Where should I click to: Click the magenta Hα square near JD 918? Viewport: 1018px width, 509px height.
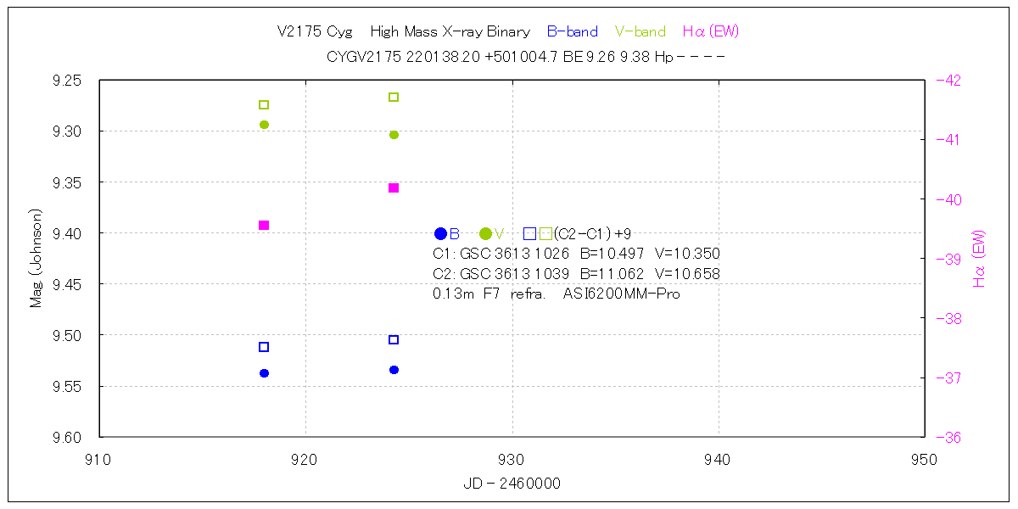264,225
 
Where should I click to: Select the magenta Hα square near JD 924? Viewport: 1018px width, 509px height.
394,187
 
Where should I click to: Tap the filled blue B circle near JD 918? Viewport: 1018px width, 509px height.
264,373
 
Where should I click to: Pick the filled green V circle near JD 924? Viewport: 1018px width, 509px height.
394,135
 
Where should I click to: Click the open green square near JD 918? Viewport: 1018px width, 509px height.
264,104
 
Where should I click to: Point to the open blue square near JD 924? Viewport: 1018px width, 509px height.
394,339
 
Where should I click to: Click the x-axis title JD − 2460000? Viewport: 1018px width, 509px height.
512,484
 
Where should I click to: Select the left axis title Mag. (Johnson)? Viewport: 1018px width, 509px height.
36,258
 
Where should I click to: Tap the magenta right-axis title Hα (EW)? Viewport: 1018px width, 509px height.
980,258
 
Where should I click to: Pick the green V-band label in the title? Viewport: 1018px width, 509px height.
640,32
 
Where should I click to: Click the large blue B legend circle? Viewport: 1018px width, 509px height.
440,233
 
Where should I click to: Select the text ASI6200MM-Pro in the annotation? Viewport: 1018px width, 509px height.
621,294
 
